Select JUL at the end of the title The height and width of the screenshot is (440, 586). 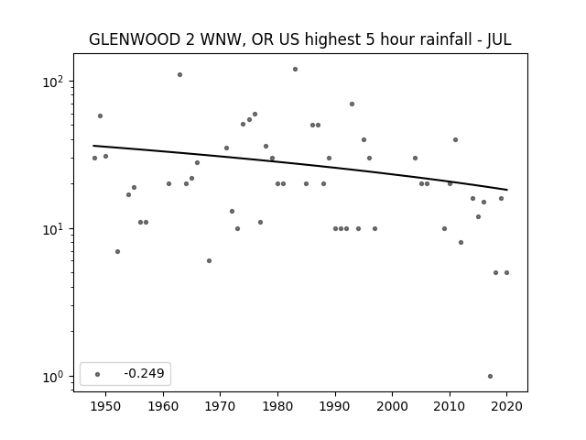pyautogui.click(x=499, y=39)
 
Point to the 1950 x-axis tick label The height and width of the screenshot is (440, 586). pyautogui.click(x=106, y=406)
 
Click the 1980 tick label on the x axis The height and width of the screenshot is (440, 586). pyautogui.click(x=277, y=406)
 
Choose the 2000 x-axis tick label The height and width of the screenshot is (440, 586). pyautogui.click(x=393, y=406)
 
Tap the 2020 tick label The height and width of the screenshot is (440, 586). pyautogui.click(x=506, y=406)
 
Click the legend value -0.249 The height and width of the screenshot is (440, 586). pyautogui.click(x=145, y=373)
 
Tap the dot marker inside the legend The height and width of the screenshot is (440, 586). pyautogui.click(x=98, y=374)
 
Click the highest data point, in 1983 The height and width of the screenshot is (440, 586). pyautogui.click(x=295, y=70)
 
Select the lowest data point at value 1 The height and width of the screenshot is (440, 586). pyautogui.click(x=491, y=377)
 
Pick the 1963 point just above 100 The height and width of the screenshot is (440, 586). pyautogui.click(x=179, y=75)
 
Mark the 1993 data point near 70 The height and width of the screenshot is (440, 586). pyautogui.click(x=352, y=104)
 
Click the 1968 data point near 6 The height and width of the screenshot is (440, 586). pyautogui.click(x=210, y=260)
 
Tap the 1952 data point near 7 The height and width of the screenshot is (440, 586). pyautogui.click(x=118, y=252)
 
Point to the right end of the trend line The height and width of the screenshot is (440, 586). pyautogui.click(x=507, y=190)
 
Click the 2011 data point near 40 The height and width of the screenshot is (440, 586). pyautogui.click(x=456, y=140)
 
